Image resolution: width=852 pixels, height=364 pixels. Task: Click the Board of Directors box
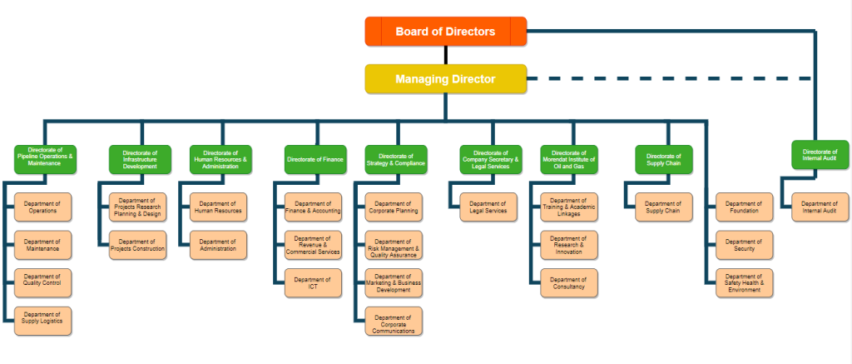445,32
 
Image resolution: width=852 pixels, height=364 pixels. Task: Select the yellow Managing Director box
445,79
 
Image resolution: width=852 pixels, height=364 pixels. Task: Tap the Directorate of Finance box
315,159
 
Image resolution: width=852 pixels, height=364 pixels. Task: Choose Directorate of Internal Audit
820,155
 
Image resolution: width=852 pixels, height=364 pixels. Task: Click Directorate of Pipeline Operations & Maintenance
45,159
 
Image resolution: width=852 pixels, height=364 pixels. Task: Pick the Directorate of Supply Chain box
663,159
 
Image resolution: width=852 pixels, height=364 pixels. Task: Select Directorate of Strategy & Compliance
396,159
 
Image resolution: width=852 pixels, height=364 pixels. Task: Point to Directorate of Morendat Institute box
569,159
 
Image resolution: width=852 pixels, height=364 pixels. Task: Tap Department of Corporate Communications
392,321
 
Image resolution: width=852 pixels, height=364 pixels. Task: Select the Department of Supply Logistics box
43,321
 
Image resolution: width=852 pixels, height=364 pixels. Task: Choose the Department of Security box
744,245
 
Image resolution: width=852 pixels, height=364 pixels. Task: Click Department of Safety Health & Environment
744,283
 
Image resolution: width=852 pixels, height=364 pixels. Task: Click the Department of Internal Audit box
819,207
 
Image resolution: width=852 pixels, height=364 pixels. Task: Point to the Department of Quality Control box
43,283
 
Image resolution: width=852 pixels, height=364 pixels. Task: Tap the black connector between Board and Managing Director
445,55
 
